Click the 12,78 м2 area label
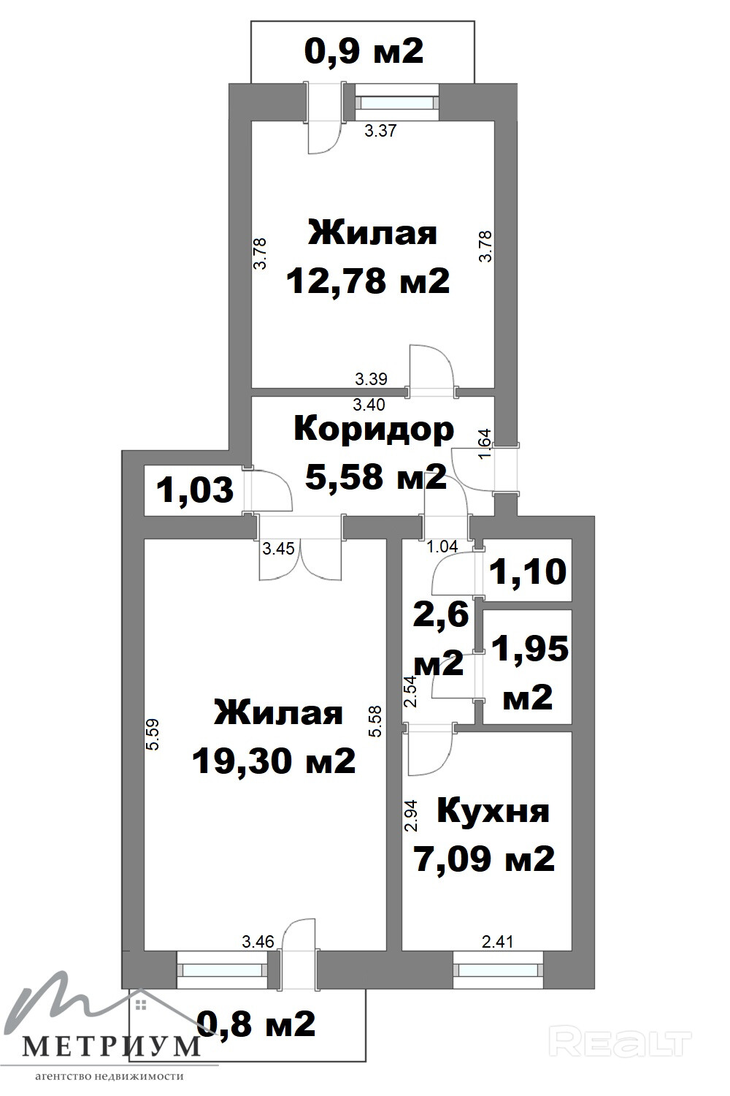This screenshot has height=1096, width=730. [368, 281]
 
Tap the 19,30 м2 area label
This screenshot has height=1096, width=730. [274, 762]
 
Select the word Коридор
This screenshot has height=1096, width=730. [373, 429]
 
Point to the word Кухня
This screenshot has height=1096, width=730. [493, 811]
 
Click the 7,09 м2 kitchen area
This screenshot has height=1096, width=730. [484, 859]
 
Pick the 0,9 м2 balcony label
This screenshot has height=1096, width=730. [364, 51]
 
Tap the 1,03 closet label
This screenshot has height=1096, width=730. [196, 490]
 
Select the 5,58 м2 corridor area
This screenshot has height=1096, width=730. [376, 477]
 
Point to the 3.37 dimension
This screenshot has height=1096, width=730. [380, 132]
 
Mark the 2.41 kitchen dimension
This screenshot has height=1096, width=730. [498, 942]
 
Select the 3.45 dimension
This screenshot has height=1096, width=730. [278, 549]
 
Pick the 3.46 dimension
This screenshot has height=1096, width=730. [258, 942]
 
